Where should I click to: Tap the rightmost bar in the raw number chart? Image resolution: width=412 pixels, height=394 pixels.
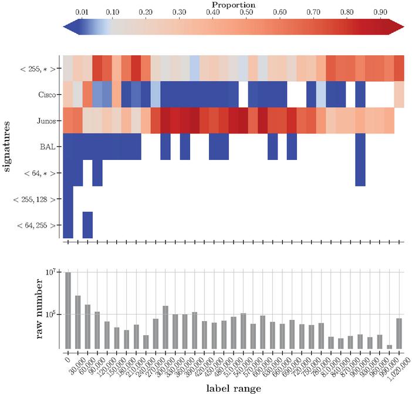pyautogui.click(x=399, y=333)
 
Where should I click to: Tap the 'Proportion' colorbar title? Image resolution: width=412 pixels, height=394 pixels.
pyautogui.click(x=233, y=5)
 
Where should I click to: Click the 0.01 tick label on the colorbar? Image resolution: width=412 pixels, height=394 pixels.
pyautogui.click(x=81, y=13)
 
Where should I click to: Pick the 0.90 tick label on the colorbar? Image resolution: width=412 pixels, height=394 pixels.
pyautogui.click(x=380, y=13)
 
